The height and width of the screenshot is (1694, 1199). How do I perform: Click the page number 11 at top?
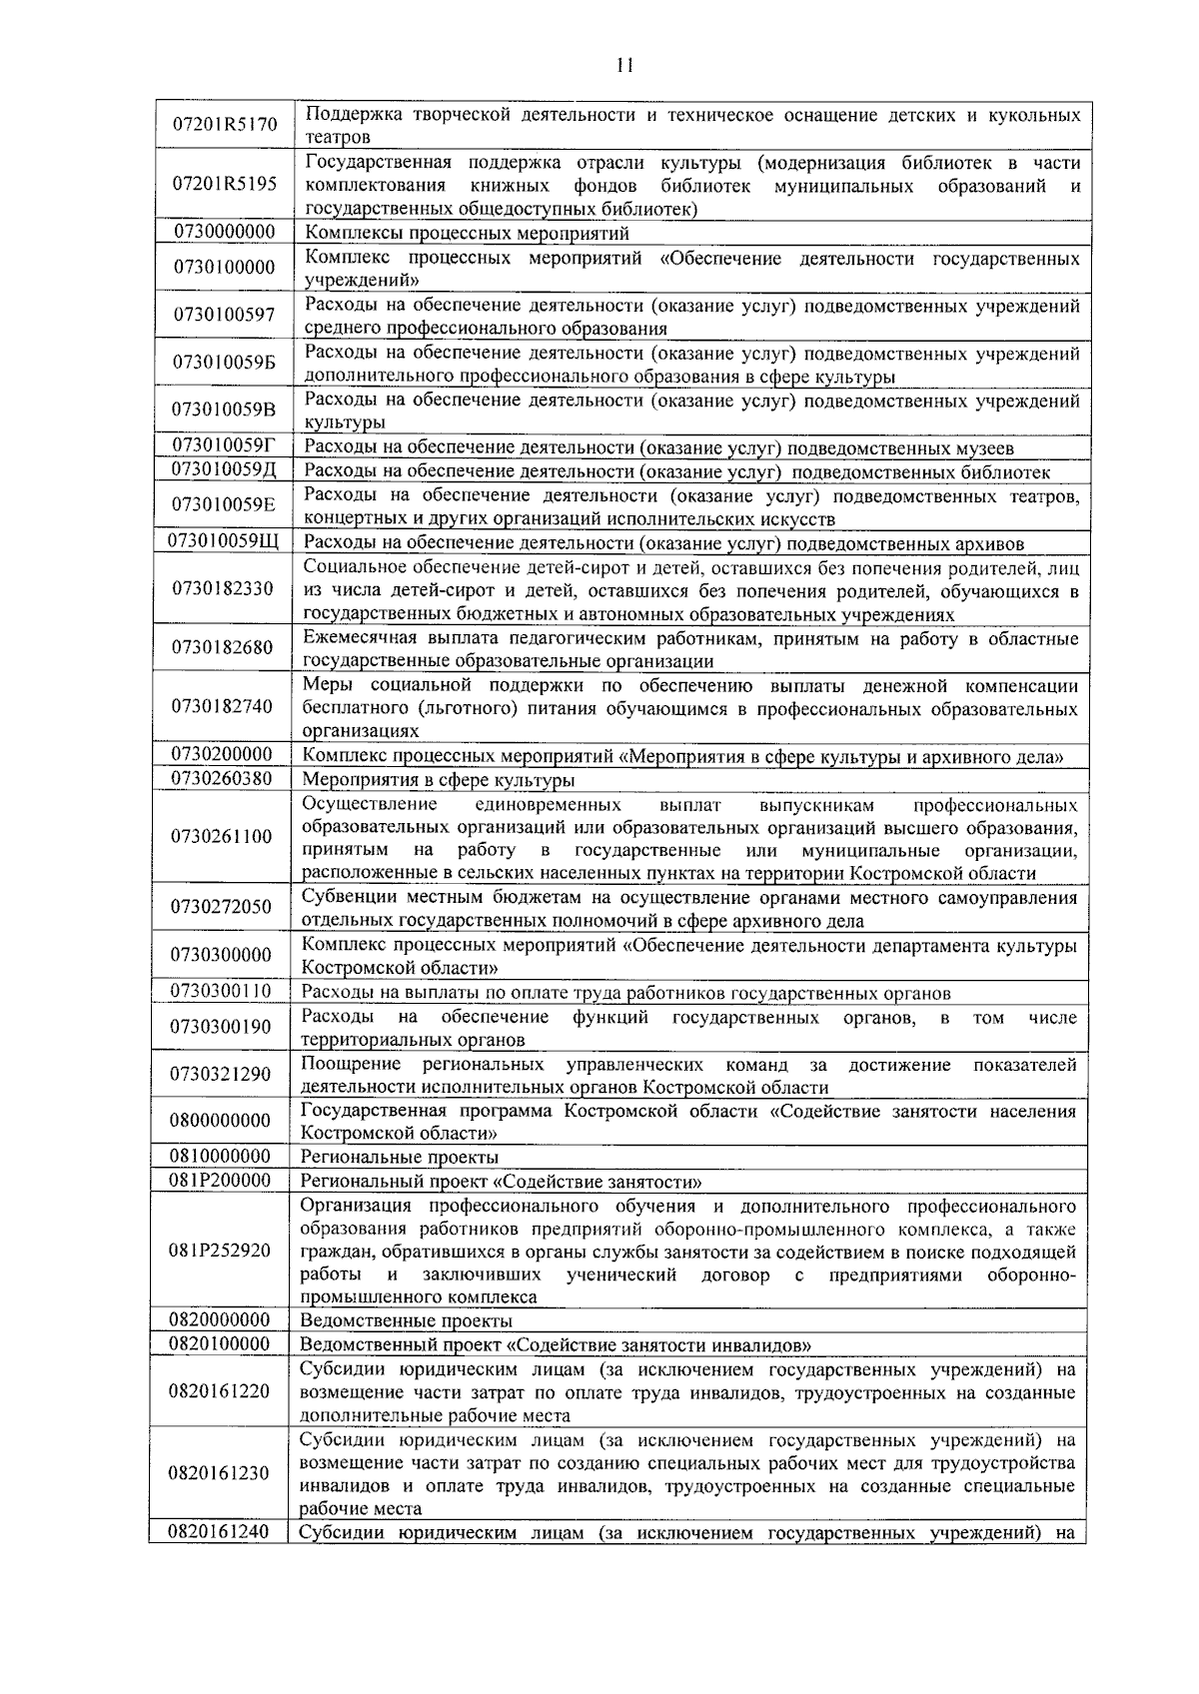(624, 66)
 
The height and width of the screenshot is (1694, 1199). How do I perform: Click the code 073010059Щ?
(223, 541)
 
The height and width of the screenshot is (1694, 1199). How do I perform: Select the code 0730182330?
(223, 588)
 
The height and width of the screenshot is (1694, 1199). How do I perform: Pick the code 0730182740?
(222, 706)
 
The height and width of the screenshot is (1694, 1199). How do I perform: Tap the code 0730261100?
(221, 836)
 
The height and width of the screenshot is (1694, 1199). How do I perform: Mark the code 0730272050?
(221, 907)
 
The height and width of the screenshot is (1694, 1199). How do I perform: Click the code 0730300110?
(221, 991)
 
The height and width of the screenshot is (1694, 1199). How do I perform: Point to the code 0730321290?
(221, 1074)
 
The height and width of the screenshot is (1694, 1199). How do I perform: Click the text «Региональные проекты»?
(400, 1158)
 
